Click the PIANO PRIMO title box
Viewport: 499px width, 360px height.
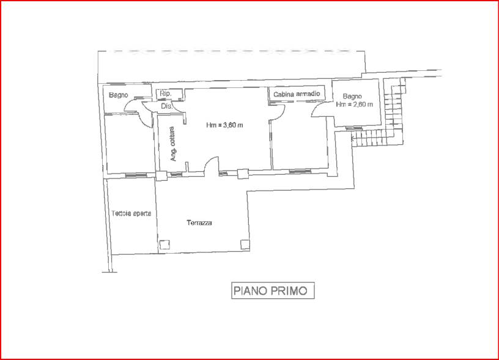273,290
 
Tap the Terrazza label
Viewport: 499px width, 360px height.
199,222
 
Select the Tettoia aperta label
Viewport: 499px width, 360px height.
131,213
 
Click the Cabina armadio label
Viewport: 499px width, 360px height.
297,94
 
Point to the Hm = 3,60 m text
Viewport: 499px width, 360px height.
224,125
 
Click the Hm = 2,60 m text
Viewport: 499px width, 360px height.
355,104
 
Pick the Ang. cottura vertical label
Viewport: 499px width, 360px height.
173,144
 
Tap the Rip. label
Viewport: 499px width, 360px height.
166,94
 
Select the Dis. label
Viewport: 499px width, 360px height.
166,106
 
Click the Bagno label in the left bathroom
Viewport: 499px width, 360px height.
119,95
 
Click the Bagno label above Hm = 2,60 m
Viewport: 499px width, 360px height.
352,96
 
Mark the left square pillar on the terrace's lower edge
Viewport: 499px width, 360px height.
164,244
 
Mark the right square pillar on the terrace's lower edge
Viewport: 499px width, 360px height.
245,244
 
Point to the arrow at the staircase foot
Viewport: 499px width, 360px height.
353,138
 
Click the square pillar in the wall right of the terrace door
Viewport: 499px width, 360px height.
243,174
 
